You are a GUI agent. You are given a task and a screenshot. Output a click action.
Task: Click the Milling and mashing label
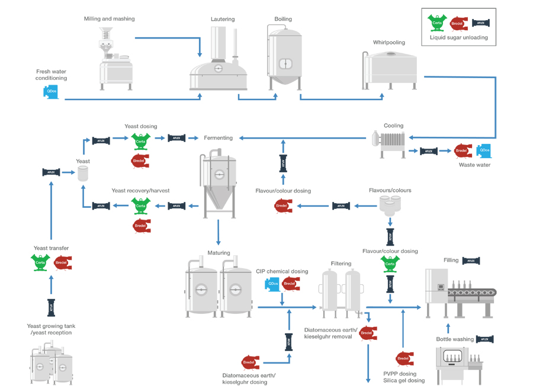pos(109,19)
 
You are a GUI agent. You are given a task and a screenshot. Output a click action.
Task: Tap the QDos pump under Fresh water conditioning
pos(52,91)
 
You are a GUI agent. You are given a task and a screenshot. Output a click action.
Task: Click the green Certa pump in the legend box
pos(437,23)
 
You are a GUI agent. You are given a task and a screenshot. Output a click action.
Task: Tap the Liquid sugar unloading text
pos(458,38)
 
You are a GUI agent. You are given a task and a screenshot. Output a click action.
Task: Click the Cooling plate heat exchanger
pos(389,143)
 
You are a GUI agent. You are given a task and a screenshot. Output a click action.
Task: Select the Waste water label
pos(474,165)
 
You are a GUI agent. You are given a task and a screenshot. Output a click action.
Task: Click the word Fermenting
pos(219,138)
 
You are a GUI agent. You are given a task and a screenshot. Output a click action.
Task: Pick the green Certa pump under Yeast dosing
pos(140,140)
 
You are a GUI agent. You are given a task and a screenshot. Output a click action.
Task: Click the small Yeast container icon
pos(84,173)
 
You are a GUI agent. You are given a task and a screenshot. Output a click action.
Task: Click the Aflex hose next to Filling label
pos(471,260)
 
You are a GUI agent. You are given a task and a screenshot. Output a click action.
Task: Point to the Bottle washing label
pos(455,339)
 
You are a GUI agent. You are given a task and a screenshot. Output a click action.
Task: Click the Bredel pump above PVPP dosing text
pos(404,358)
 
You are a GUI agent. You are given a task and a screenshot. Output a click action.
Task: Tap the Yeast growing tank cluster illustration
pos(52,362)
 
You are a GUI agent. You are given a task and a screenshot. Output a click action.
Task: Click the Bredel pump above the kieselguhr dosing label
pos(249,362)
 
